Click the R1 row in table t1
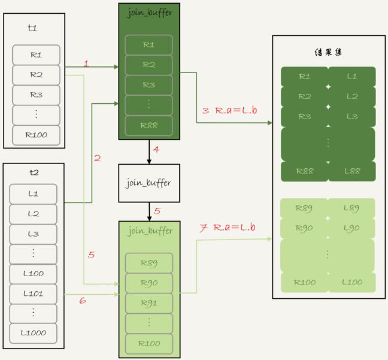[36, 55]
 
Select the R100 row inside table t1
[36, 135]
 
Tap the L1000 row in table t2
[34, 333]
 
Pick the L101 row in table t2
[34, 294]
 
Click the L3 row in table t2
[34, 234]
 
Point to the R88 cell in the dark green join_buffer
[148, 125]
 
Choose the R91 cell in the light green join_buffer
[148, 303]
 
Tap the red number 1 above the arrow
[86, 63]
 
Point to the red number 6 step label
[83, 300]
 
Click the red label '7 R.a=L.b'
[228, 228]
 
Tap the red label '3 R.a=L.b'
[229, 111]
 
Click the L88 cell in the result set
[351, 171]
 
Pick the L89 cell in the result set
[351, 208]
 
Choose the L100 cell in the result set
[351, 282]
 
